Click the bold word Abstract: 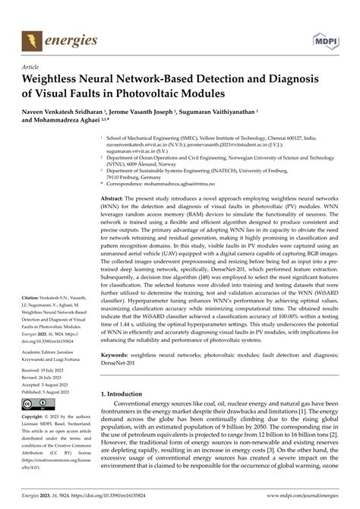(x=116, y=197)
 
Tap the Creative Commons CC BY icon (x=35, y=404)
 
